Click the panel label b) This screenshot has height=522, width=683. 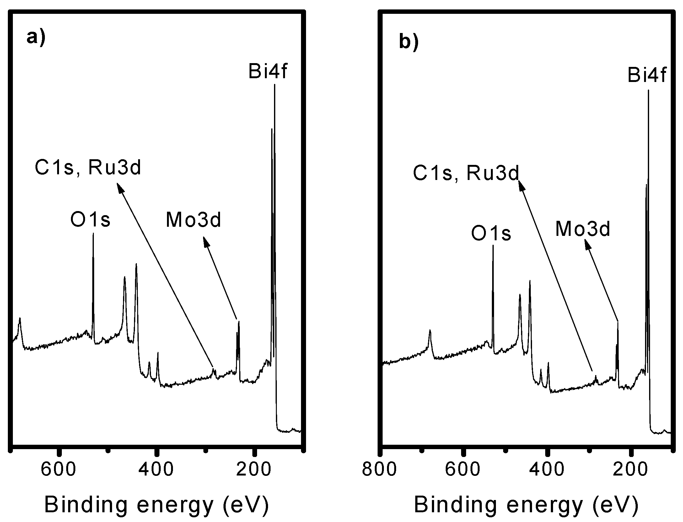[x=409, y=42]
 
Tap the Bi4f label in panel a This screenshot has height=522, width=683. [x=268, y=71]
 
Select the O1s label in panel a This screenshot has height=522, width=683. [x=90, y=220]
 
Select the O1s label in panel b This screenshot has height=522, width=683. [x=492, y=234]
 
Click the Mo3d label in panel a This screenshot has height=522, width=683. [x=194, y=220]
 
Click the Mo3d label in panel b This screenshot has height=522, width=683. [x=583, y=229]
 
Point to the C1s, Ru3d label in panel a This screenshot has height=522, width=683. [x=88, y=168]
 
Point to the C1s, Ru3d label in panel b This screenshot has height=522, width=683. [x=466, y=173]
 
